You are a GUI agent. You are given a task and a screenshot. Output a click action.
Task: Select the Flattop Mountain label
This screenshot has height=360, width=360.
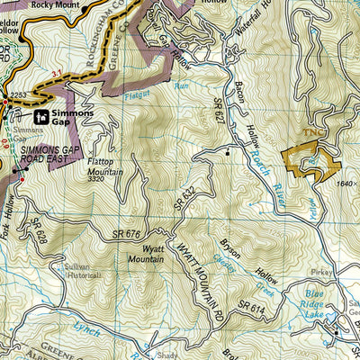pyautogui.click(x=106, y=165)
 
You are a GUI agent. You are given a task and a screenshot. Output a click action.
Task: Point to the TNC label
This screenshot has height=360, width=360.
pyautogui.click(x=312, y=131)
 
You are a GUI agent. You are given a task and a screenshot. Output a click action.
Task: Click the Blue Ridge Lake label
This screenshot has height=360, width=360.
pyautogui.click(x=316, y=303)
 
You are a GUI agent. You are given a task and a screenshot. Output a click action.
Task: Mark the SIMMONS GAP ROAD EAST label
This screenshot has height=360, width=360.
pyautogui.click(x=47, y=154)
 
